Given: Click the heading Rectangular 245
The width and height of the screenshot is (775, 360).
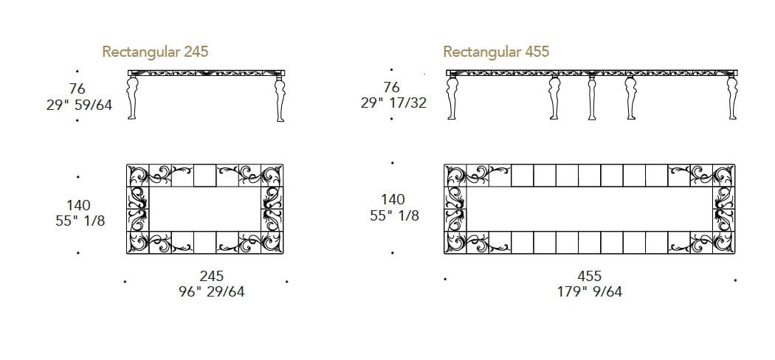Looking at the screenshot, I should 155,52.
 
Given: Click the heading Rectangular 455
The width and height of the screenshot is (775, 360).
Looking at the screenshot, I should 496,52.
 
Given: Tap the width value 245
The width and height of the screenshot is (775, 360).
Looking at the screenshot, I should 211,276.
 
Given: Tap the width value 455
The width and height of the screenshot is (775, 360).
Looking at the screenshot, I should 590,276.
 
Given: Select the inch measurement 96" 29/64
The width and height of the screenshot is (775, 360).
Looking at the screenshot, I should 211,291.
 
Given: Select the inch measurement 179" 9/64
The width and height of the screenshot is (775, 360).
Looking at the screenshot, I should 590,291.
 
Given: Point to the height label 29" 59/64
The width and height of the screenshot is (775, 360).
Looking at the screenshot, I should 79,105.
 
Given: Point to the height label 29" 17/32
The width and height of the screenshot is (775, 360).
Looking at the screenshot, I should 394,103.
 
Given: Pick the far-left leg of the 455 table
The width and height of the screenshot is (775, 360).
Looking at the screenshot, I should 452,98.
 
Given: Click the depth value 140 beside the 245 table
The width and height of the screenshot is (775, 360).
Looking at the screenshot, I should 77,205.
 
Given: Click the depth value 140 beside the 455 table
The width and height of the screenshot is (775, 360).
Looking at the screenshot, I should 393,199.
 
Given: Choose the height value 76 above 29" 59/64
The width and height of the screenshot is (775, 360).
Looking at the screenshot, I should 77,89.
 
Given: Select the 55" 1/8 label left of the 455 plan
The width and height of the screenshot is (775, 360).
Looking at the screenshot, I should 394,215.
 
